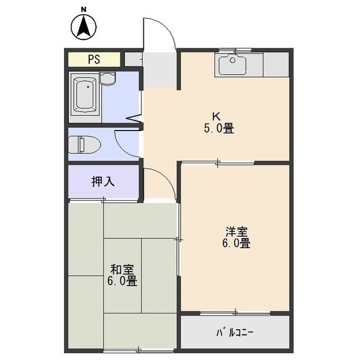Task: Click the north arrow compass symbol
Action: tap(84, 26)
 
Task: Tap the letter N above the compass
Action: tap(83, 8)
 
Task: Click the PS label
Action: tap(94, 59)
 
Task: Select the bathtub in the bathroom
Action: tap(86, 96)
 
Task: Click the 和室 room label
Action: tap(121, 269)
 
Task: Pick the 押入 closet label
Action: tap(103, 182)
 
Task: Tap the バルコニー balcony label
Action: tap(235, 332)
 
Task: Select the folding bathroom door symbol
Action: tap(134, 119)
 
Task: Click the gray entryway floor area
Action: tap(160, 70)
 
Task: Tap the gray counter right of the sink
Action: tap(276, 65)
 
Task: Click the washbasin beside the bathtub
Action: tap(109, 79)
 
